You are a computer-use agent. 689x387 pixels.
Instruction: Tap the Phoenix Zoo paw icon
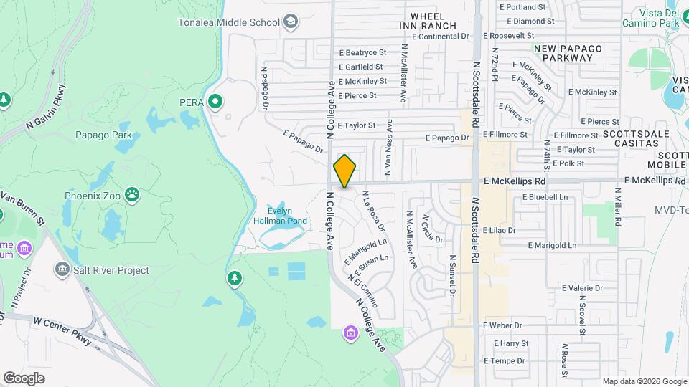point(132,193)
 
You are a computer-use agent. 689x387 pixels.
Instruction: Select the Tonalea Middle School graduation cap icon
point(291,21)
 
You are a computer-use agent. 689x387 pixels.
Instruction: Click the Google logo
point(24,378)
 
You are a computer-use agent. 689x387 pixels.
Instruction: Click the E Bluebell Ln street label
point(545,196)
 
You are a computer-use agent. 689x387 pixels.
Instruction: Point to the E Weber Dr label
point(506,325)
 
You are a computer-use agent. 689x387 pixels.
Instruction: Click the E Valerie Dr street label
point(580,288)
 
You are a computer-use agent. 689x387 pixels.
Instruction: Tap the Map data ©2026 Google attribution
point(644,381)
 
